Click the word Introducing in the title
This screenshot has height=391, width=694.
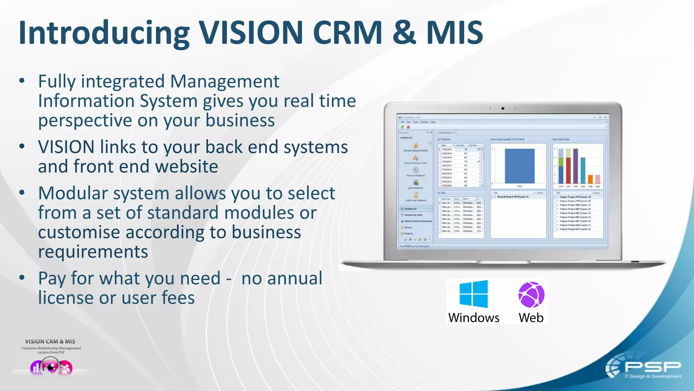103,33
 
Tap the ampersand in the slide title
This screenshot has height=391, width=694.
404,33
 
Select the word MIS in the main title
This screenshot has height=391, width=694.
454,33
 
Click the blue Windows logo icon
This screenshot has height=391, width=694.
473,294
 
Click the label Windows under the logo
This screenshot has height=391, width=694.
473,318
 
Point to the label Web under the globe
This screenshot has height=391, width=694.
531,318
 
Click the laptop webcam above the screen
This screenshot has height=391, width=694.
503,109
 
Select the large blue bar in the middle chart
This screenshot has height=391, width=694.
519,166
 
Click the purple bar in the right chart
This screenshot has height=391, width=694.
575,166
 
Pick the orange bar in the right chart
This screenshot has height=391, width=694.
590,179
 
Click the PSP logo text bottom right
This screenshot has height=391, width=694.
652,367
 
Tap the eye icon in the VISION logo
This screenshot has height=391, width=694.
51,367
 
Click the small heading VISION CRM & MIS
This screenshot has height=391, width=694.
50,341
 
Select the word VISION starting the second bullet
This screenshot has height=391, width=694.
66,147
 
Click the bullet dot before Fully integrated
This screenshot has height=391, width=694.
22,81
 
